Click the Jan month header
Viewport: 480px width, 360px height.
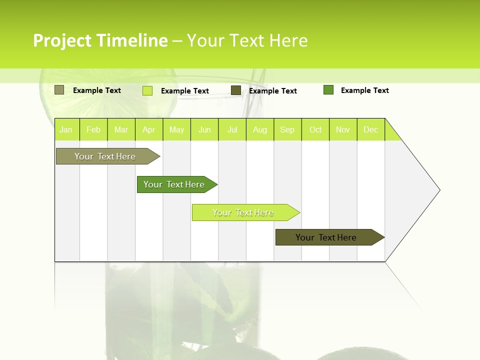(x=66, y=129)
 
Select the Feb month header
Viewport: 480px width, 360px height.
(x=93, y=129)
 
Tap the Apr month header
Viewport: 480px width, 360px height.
(x=149, y=129)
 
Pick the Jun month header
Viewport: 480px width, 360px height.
(x=204, y=129)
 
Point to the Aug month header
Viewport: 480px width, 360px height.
(x=260, y=129)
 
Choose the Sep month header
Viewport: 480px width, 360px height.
(x=287, y=129)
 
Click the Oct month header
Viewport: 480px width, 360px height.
(x=315, y=129)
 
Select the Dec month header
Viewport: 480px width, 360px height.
(x=371, y=129)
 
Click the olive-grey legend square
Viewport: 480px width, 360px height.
(x=59, y=90)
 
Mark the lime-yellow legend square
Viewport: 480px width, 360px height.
(x=147, y=90)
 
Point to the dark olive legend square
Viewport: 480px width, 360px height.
(x=236, y=90)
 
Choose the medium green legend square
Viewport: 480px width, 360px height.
(x=328, y=90)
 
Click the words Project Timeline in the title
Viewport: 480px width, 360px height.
(x=100, y=40)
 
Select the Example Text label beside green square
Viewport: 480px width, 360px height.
(x=364, y=90)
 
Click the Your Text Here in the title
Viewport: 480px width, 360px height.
(x=247, y=40)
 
